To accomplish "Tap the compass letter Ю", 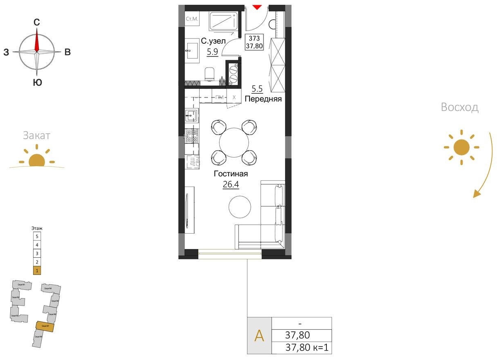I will pos(37,83).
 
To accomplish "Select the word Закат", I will pos(36,135).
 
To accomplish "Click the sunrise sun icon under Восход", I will pos(461,147).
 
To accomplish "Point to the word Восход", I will pos(459,108).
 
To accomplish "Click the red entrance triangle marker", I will pos(256,7).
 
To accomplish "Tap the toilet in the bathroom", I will pos(210,74).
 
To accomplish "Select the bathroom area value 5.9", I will pos(212,52).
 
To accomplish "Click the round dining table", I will pos(234,142).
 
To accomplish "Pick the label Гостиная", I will pos(231,174).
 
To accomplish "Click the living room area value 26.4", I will pos(231,184).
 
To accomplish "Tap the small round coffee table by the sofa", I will pos(239,207).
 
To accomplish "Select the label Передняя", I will pos(263,99).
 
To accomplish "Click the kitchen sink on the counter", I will pos(191,116).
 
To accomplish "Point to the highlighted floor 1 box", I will pos(37,270).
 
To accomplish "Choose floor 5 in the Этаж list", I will pos(37,236).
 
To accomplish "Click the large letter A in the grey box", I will pos(259,336).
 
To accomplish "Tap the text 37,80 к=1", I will pos(307,348).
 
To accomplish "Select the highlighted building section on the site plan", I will pos(45,326).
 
